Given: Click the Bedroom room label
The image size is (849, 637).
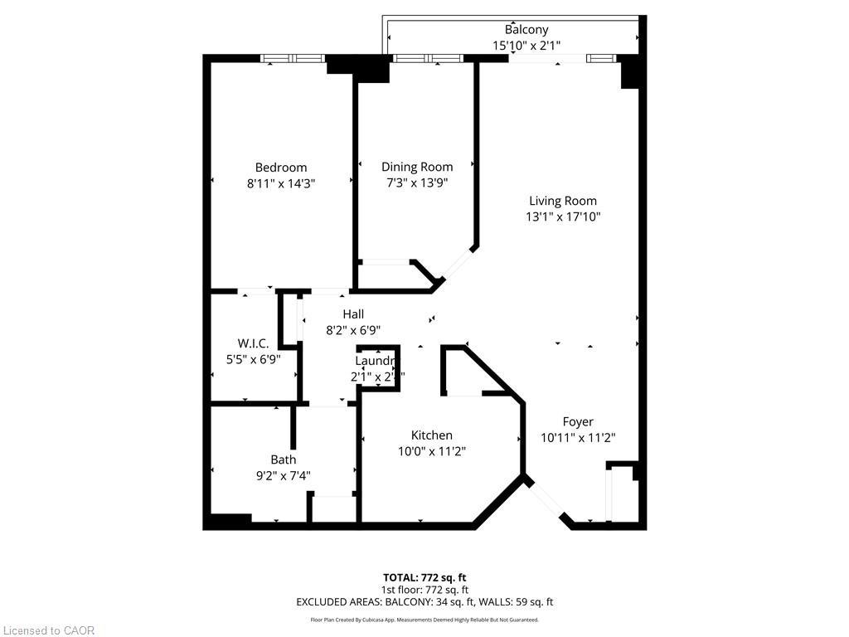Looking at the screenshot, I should (280, 167).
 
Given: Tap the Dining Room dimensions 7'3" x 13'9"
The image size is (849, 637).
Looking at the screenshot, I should (417, 182).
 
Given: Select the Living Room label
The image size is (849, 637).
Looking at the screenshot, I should (563, 201).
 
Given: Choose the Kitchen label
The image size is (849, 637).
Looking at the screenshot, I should (432, 435).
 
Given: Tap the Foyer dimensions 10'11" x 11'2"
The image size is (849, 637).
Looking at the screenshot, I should (578, 437).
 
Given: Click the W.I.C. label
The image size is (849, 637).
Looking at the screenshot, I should (253, 343).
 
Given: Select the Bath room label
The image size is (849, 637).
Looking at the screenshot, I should (283, 460).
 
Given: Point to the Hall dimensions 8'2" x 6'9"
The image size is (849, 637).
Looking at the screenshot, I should (353, 329).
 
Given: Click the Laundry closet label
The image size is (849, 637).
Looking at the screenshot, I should (374, 362).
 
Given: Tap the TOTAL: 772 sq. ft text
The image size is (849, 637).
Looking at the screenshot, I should (424, 577).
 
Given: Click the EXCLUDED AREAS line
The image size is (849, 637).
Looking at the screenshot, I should (424, 602).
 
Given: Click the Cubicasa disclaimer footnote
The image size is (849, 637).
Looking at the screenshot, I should (424, 620).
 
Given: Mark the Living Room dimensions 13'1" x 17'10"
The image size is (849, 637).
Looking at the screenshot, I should (563, 216).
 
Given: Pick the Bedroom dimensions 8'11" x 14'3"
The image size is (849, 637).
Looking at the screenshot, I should (280, 182).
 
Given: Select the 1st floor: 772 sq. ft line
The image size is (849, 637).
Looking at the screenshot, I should (424, 590).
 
